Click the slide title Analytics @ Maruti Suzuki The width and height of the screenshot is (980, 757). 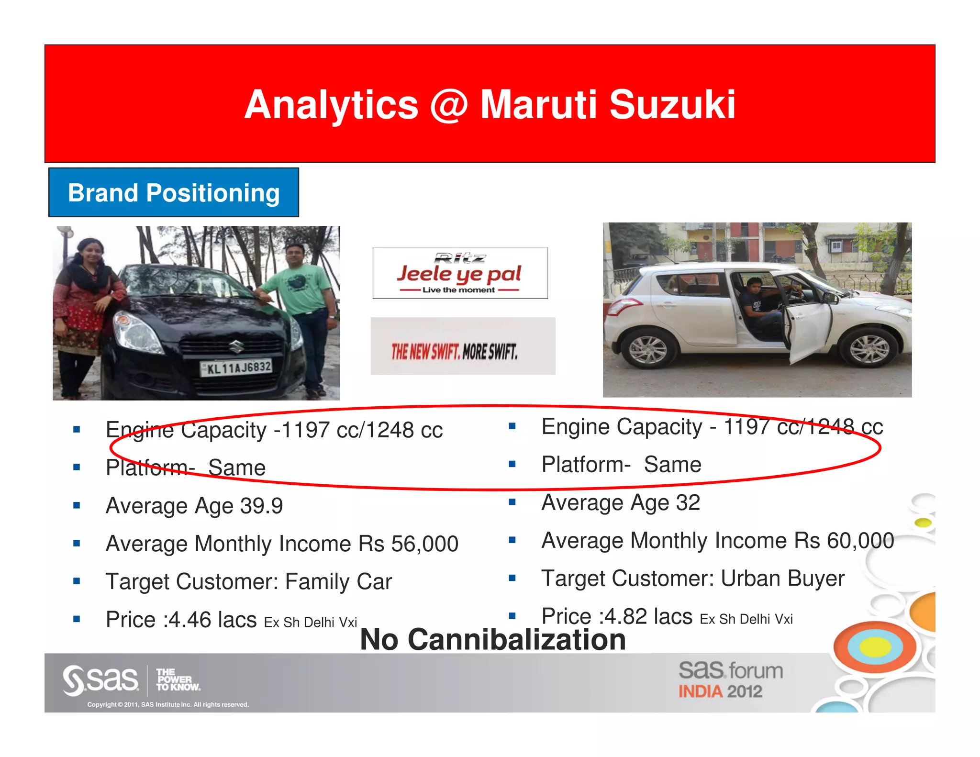(490, 104)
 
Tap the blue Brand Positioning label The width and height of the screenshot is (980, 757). (174, 193)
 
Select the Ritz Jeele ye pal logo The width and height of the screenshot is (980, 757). (460, 273)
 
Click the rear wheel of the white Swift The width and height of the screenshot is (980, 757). (648, 350)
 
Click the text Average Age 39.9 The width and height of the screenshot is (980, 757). (194, 506)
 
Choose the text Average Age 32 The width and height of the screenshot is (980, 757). (621, 502)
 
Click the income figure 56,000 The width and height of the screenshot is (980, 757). (424, 544)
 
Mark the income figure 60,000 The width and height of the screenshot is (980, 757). (860, 541)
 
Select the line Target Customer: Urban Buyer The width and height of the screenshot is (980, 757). (692, 579)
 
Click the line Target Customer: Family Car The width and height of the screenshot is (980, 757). (249, 582)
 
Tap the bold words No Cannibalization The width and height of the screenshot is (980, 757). (493, 640)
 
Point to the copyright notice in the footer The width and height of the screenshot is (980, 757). (168, 704)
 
